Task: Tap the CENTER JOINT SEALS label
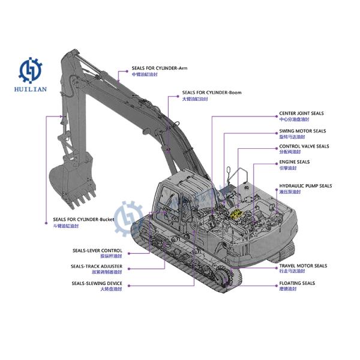pos(301,113)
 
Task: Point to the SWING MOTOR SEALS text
pos(302,130)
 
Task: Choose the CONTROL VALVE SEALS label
pos(304,146)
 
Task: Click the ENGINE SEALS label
pos(294,161)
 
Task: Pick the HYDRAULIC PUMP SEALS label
pos(305,186)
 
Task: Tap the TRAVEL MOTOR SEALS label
pos(303,265)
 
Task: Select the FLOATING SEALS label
pos(296,283)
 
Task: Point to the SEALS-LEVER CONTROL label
pos(97,250)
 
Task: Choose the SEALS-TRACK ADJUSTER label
pos(97,266)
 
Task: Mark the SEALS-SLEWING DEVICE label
pos(97,283)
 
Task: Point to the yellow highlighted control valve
pos(236,212)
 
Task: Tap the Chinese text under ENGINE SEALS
pos(286,169)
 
